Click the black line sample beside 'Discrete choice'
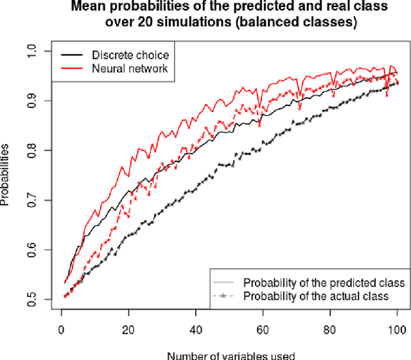point(73,55)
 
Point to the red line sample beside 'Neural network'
point(73,68)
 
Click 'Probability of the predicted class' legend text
point(324,283)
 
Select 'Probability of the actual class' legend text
point(315,296)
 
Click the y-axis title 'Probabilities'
point(6,175)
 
